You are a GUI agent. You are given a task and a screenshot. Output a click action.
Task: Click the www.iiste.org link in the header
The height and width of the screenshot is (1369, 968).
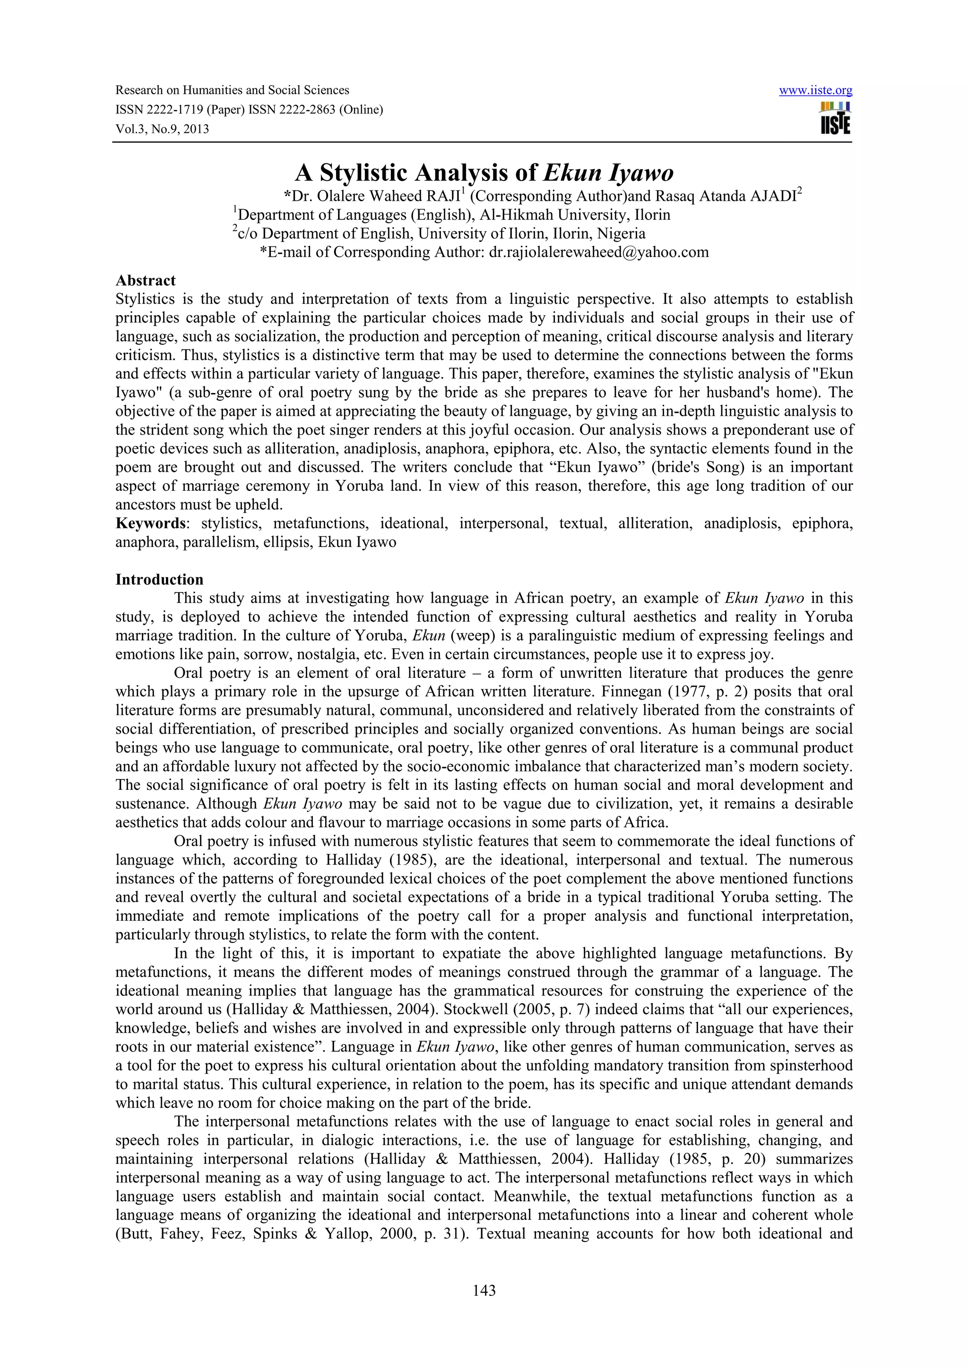click(x=815, y=91)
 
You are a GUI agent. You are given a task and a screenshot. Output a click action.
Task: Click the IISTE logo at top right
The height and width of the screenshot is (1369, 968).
click(x=835, y=119)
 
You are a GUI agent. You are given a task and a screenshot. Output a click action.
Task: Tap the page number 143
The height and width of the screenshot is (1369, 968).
click(x=484, y=1290)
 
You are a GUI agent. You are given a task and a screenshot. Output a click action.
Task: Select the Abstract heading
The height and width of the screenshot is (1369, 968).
click(x=146, y=280)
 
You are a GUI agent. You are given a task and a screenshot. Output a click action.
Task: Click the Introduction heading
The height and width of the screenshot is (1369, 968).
click(x=159, y=580)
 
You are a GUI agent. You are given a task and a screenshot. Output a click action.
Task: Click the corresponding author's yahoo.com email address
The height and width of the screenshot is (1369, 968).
click(x=599, y=252)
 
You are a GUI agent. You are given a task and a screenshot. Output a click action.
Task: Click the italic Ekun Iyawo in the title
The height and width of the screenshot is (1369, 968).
click(x=608, y=173)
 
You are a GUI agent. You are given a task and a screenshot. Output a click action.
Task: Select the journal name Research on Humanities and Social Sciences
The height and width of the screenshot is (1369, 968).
click(x=232, y=91)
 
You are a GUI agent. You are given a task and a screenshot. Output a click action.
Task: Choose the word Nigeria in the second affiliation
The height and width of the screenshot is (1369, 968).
click(x=622, y=234)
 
